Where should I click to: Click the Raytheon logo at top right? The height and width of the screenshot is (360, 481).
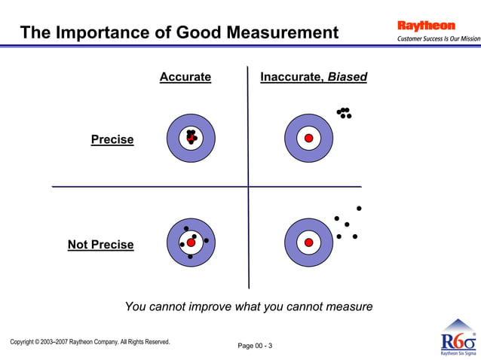426,26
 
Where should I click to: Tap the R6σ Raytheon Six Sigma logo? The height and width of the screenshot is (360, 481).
458,338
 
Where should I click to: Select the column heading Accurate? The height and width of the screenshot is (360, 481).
185,77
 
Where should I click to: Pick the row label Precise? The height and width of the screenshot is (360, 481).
112,139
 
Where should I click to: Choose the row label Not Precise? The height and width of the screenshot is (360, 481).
101,245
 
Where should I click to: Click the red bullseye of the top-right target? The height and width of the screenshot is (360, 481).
308,138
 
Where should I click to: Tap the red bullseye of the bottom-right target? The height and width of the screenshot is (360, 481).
308,243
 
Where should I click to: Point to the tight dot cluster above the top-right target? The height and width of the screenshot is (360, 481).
345,113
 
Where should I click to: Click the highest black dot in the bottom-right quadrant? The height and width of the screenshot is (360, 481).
359,208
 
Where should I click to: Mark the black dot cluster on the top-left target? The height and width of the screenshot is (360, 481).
191,136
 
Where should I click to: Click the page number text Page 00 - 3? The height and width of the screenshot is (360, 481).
255,346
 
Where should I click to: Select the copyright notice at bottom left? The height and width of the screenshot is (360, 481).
90,342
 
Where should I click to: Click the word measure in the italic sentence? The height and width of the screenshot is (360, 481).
348,307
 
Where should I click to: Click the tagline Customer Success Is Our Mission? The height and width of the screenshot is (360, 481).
438,38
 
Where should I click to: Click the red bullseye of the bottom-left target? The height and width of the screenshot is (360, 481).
191,243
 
